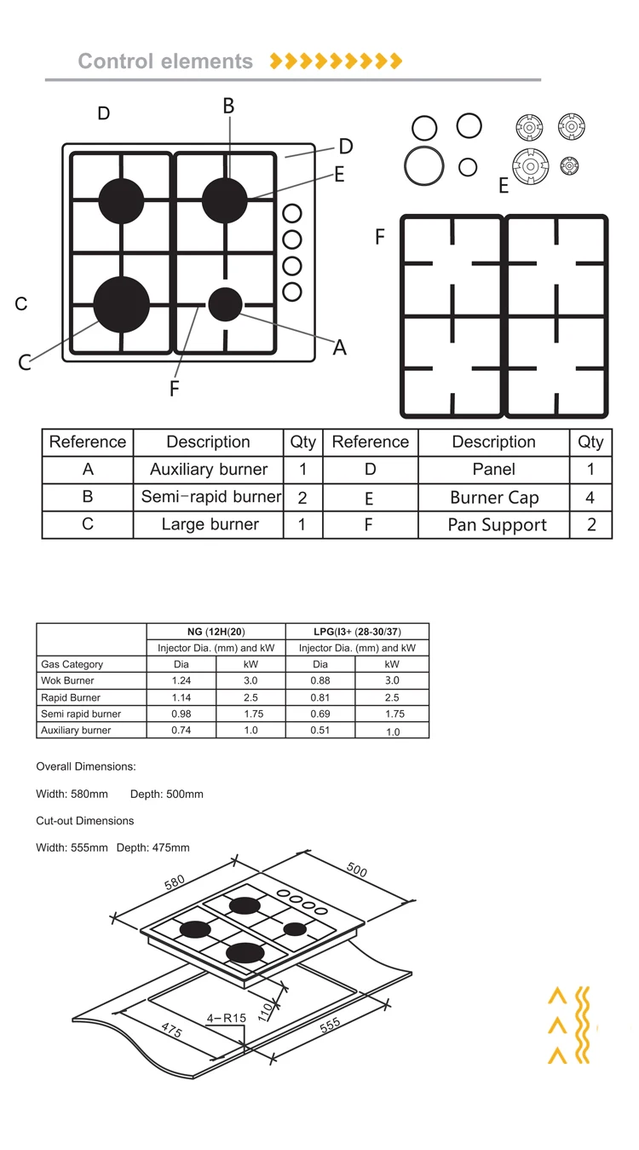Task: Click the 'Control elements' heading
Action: point(165,61)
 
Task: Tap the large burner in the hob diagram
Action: point(121,303)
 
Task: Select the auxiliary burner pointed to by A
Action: point(225,304)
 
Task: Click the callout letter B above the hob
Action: point(228,106)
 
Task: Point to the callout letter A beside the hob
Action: point(339,347)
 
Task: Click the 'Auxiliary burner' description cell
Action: point(209,470)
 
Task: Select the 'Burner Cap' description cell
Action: point(494,498)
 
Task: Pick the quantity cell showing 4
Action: point(590,498)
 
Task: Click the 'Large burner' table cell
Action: point(210,524)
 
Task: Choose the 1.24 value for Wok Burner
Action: point(181,681)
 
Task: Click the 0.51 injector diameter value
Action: point(320,731)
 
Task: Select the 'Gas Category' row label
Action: point(72,664)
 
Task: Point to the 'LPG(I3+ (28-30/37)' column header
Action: point(357,632)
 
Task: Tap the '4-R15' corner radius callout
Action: point(226,1018)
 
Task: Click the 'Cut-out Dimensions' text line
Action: point(84,821)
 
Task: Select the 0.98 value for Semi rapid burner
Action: point(181,714)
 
